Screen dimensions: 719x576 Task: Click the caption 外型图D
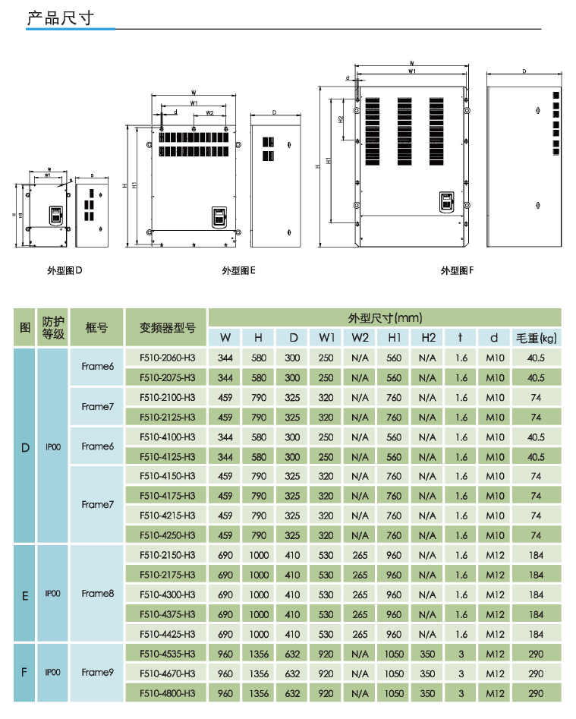pos(64,270)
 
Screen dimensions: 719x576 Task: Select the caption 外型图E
pos(238,270)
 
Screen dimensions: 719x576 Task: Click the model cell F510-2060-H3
pos(167,358)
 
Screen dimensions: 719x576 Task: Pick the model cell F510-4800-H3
pos(167,693)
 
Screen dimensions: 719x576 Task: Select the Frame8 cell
pos(97,594)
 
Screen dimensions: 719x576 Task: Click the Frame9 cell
pos(97,673)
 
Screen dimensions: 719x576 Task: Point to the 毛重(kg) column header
pos(536,337)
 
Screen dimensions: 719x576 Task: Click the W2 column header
pos(360,337)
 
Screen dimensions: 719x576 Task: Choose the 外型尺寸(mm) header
pos(385,317)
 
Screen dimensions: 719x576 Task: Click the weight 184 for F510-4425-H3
pos(536,634)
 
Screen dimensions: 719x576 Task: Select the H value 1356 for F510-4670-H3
pos(259,673)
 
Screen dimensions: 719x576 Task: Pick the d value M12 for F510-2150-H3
pos(495,555)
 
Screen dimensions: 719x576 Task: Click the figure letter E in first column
pos(25,594)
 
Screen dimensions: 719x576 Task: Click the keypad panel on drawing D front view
pos(56,215)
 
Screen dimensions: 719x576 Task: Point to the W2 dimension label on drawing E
pos(209,113)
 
